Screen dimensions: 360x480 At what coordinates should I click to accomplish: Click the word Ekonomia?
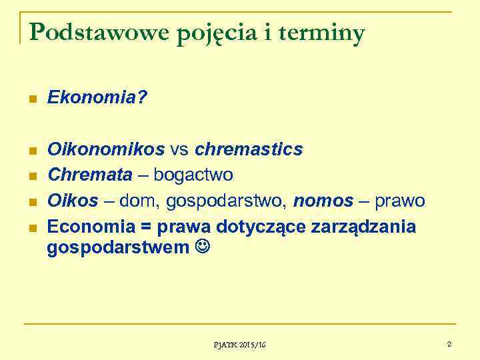[98, 99]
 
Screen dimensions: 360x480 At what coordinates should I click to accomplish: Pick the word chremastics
[249, 149]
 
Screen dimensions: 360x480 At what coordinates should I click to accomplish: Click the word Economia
[97, 227]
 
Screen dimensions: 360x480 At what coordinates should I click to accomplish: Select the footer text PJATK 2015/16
[239, 345]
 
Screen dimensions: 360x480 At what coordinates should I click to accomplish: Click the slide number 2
[449, 344]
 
